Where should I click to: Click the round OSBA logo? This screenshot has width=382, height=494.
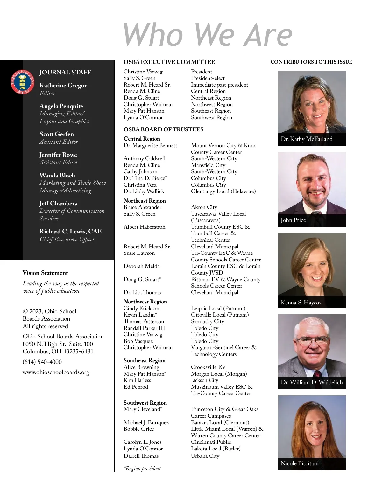(23, 82)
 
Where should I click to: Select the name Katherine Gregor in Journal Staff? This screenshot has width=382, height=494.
(63, 85)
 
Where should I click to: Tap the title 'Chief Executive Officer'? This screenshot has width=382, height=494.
(67, 239)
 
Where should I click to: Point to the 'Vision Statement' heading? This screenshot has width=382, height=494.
(45, 273)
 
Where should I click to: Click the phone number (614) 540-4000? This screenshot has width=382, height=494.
(42, 362)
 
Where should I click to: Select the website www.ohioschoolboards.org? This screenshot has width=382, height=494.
(56, 372)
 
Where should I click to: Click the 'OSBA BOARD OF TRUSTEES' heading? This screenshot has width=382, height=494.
(163, 129)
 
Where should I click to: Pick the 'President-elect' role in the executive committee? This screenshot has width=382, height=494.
(208, 78)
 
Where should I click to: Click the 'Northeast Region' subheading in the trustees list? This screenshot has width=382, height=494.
(145, 201)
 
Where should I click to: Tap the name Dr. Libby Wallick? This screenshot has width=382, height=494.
(144, 191)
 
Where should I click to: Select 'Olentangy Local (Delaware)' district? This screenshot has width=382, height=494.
(223, 191)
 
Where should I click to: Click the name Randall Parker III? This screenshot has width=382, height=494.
(144, 328)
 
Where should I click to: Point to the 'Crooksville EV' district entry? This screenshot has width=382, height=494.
(208, 367)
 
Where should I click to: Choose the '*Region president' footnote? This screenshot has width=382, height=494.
(142, 468)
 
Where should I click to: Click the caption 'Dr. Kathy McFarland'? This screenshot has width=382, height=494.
(307, 139)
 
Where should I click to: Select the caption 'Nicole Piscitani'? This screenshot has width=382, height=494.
(300, 463)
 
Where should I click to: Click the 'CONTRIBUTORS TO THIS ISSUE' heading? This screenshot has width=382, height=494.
(311, 62)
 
